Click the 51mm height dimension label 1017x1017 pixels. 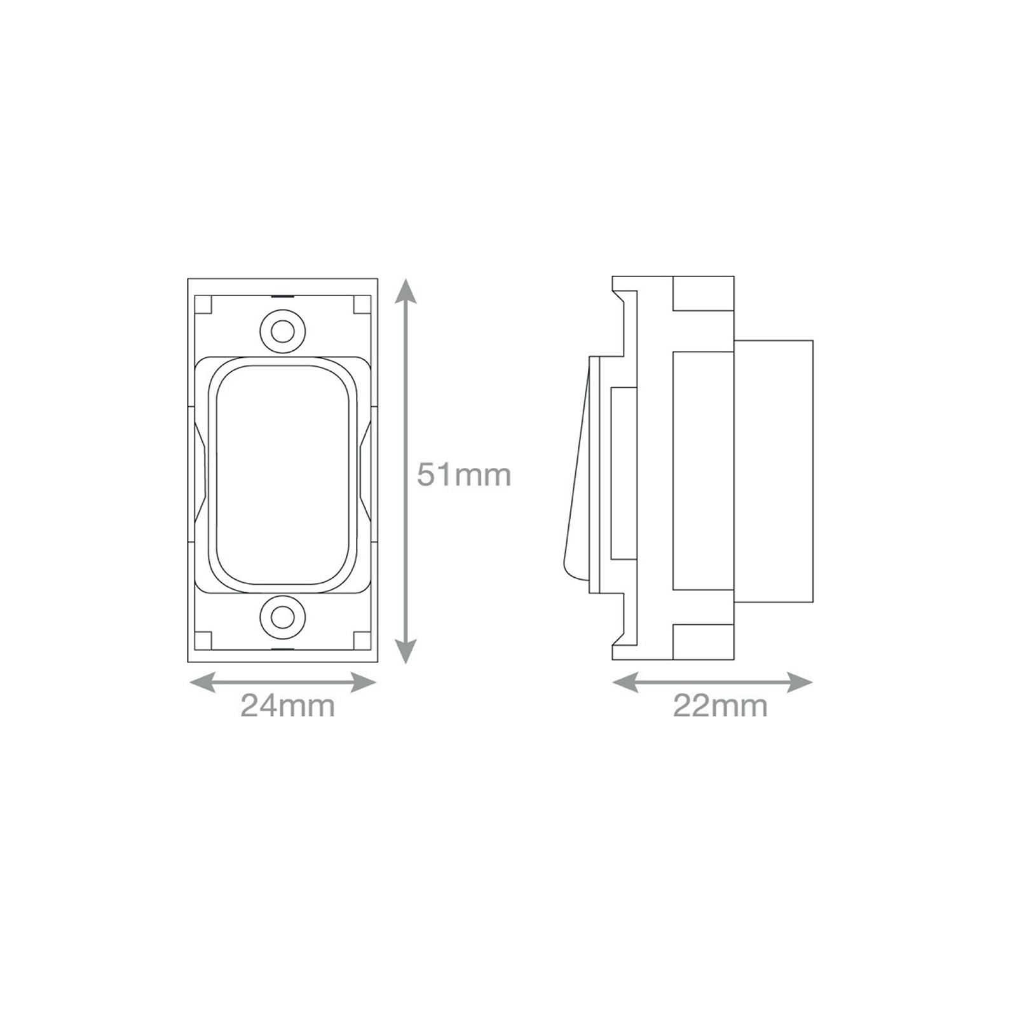pos(464,475)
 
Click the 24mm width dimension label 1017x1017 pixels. pos(287,706)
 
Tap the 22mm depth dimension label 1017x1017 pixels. pos(720,706)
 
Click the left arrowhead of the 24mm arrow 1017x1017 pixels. pos(203,683)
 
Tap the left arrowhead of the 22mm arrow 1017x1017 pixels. pos(625,683)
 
